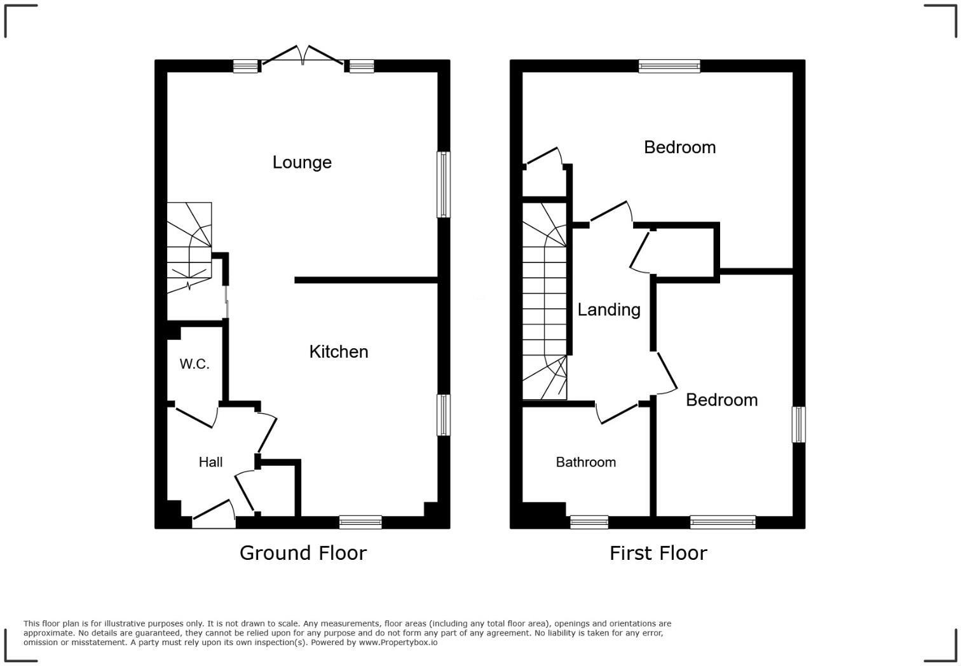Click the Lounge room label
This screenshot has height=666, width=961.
coord(302,163)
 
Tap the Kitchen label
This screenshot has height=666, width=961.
coord(339,352)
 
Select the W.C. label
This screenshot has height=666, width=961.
coord(194,364)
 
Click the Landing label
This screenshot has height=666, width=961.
coord(608,310)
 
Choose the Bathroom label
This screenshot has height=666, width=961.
coord(585,463)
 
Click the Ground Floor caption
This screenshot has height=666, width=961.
coord(303,553)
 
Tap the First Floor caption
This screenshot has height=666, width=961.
coord(658,553)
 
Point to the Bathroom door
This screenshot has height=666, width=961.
coord(618,413)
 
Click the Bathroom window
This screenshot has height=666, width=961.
coord(589,522)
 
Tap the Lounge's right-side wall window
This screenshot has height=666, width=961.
coord(443,184)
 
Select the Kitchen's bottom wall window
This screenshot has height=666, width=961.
coord(360,522)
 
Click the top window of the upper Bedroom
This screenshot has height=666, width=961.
coord(669,66)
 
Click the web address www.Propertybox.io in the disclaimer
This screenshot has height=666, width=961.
coord(398,642)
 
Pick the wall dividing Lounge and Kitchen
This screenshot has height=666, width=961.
coord(367,280)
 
